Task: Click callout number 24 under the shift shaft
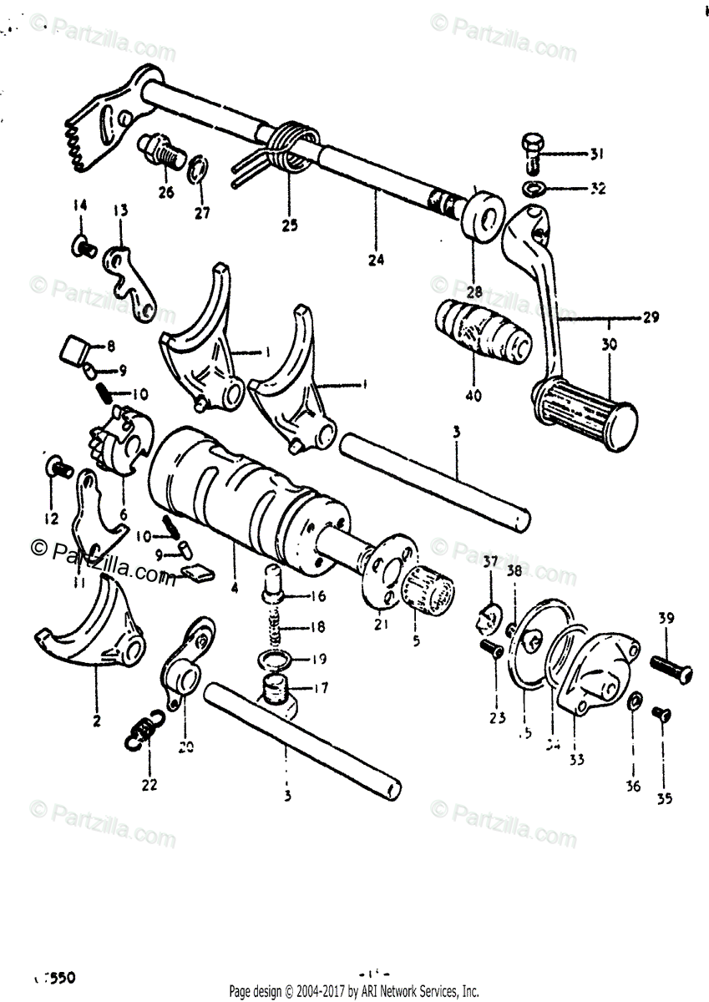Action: click(375, 260)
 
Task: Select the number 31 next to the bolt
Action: click(595, 154)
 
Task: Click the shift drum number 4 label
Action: click(235, 588)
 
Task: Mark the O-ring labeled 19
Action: click(273, 660)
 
